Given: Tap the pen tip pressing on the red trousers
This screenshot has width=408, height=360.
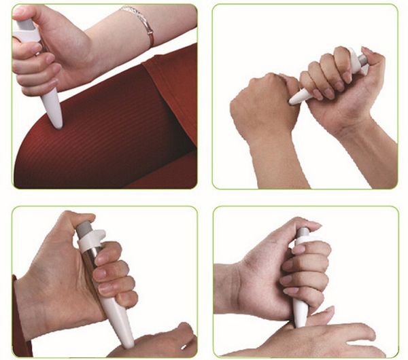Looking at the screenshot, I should point(56,121).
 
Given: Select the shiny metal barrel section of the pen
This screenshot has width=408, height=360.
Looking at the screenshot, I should point(90,262).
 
